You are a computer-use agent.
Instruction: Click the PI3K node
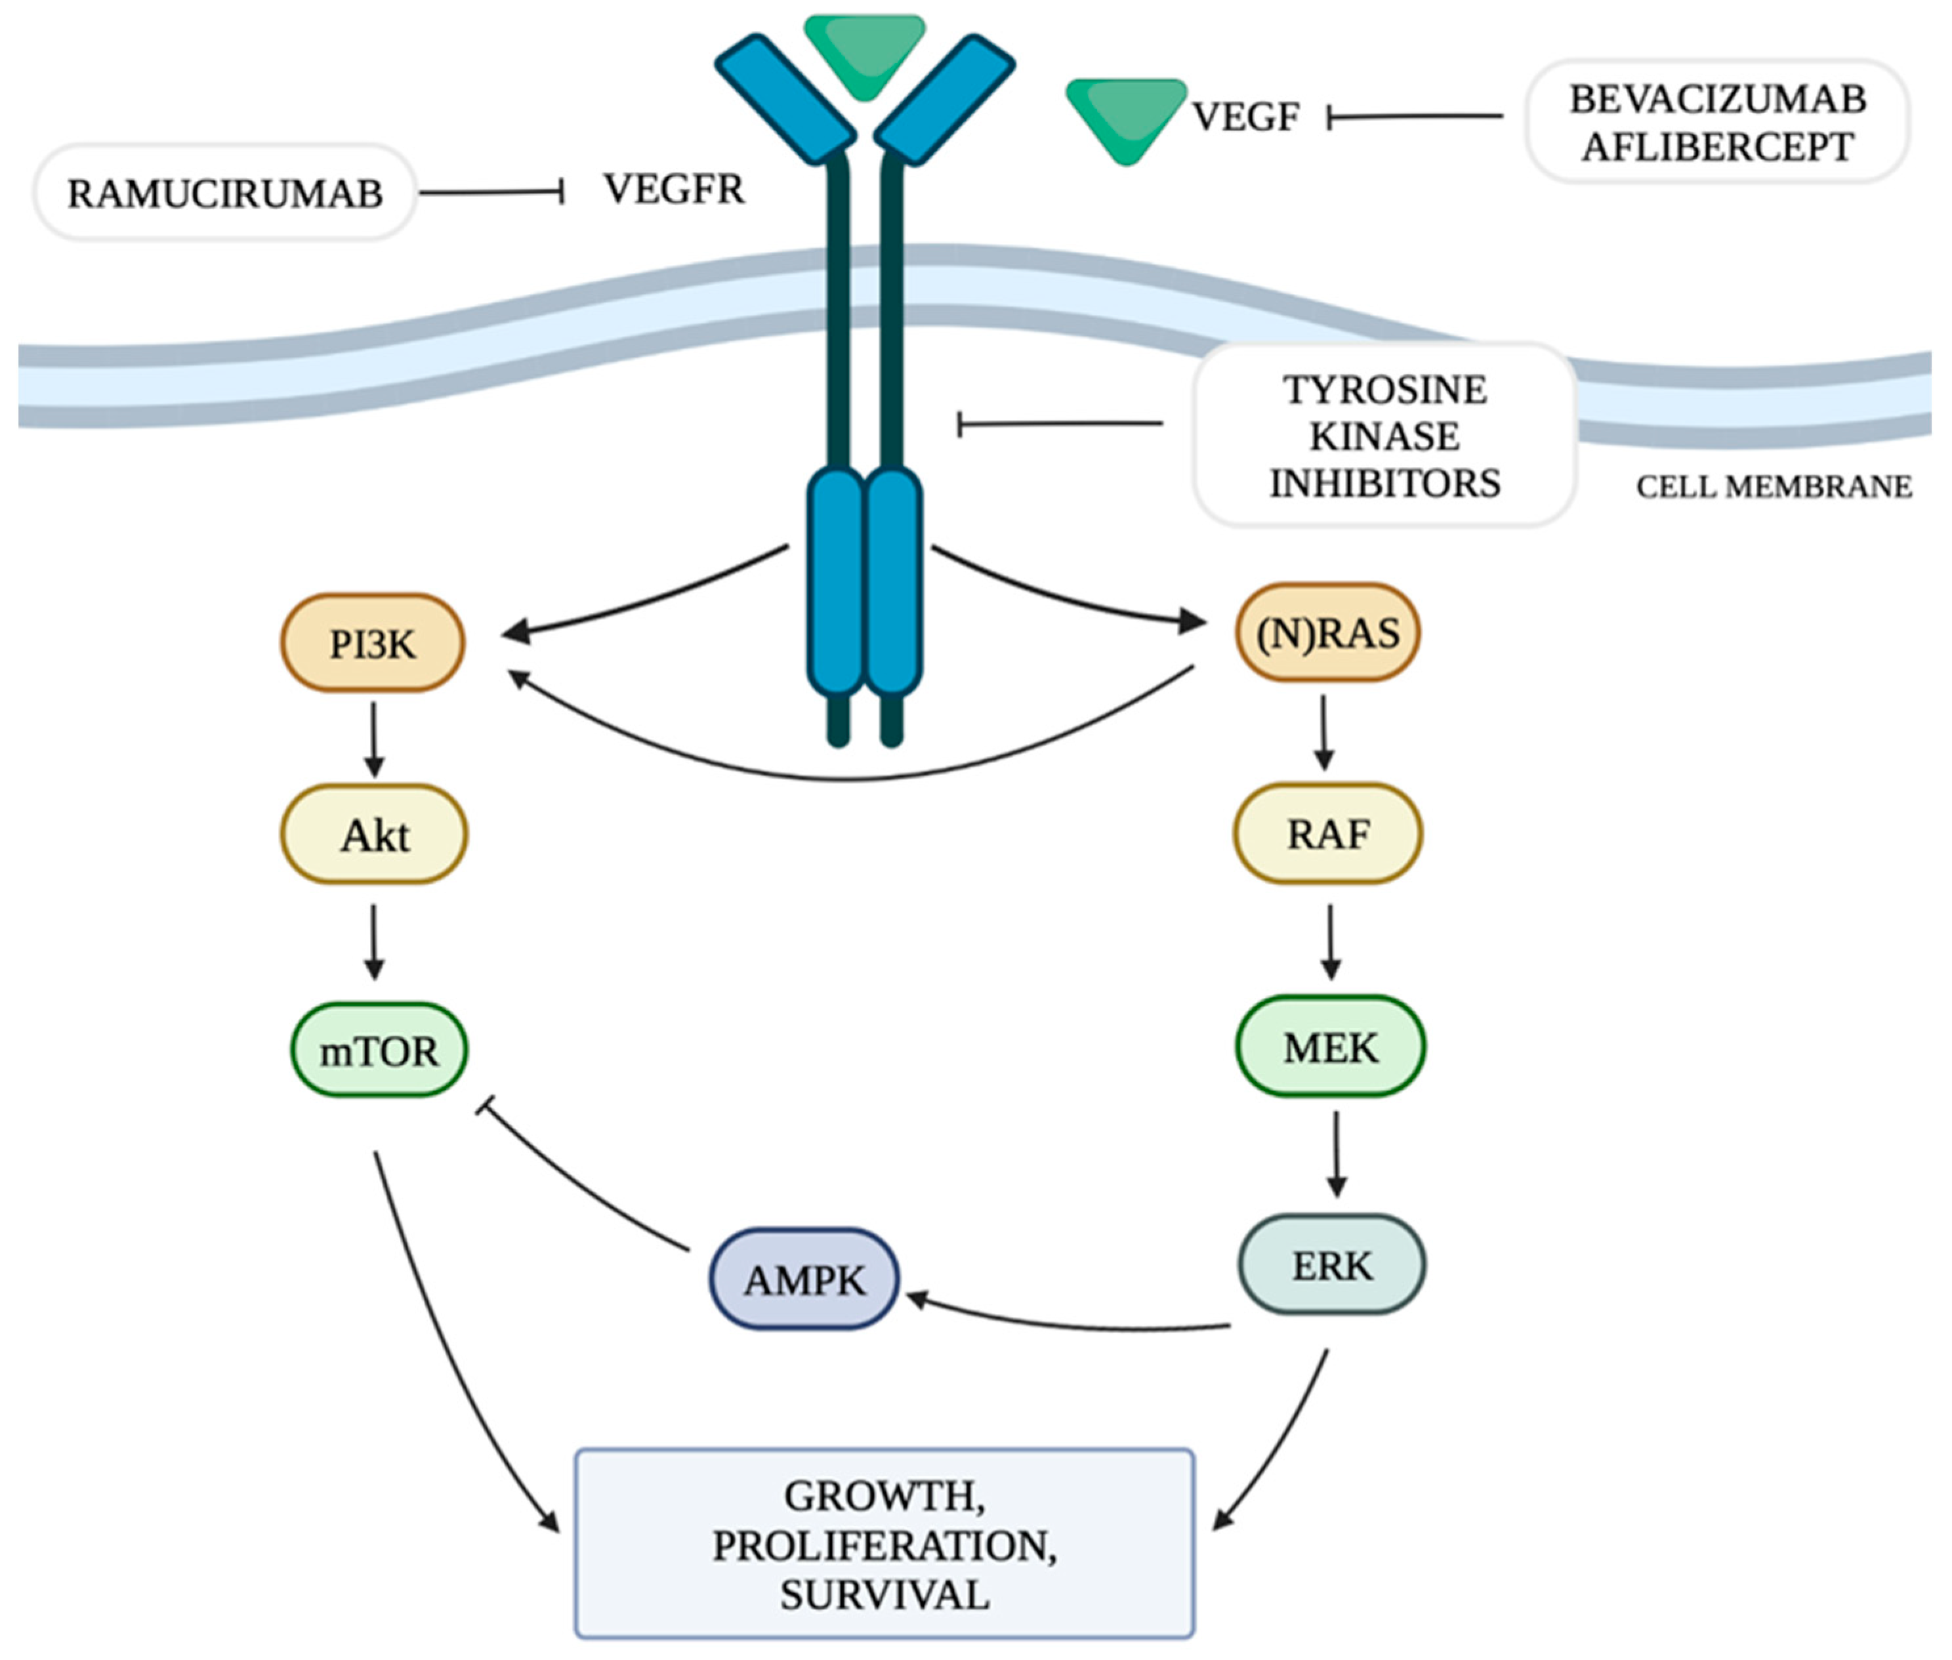(373, 644)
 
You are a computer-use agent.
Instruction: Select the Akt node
(375, 835)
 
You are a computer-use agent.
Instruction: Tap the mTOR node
(379, 1050)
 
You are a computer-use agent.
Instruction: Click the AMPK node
(804, 1280)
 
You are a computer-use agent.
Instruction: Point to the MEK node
(1330, 1047)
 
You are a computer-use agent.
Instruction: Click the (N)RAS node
(1327, 633)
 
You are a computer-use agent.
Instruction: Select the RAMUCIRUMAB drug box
(225, 193)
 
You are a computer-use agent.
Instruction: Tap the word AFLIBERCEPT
(1716, 147)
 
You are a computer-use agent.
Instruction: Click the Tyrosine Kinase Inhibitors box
(1384, 435)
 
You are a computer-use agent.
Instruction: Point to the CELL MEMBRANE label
(1773, 487)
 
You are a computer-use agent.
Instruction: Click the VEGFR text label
(674, 189)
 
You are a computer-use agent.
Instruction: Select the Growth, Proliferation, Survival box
(884, 1545)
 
